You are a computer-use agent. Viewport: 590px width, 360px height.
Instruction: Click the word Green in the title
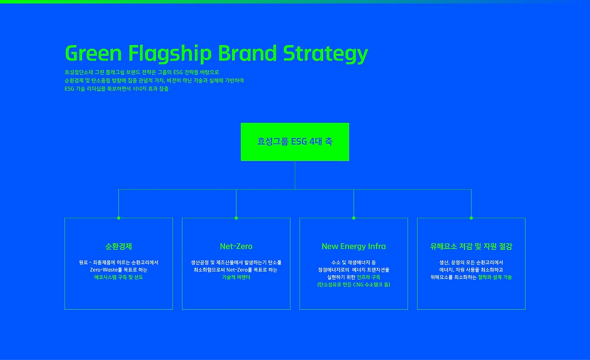93,53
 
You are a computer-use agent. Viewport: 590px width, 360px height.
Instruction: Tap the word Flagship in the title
170,54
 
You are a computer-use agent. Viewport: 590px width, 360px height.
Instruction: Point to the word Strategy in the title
325,54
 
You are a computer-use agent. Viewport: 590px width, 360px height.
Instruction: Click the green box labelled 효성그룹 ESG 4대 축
295,142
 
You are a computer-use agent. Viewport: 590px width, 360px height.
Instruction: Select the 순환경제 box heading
118,246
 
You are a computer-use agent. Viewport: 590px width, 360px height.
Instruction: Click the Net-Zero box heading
236,246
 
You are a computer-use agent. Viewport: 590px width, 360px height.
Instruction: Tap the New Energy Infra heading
354,246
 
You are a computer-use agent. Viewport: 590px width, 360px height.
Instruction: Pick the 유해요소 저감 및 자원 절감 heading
471,246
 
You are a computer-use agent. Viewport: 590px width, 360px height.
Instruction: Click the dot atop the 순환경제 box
118,218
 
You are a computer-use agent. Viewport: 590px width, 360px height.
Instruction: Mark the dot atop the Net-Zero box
236,218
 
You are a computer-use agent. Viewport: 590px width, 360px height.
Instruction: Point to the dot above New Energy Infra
354,218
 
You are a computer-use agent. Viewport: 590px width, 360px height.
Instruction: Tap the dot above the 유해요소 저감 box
471,218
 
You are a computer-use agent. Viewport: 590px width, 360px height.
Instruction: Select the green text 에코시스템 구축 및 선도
118,277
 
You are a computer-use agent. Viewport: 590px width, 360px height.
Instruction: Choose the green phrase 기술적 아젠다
236,277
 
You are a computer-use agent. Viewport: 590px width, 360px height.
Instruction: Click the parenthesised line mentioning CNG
354,284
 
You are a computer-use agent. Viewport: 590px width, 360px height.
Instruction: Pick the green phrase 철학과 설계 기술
495,277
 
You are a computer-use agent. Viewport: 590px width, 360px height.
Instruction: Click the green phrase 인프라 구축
368,277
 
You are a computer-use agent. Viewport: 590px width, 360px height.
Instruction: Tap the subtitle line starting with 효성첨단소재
142,72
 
